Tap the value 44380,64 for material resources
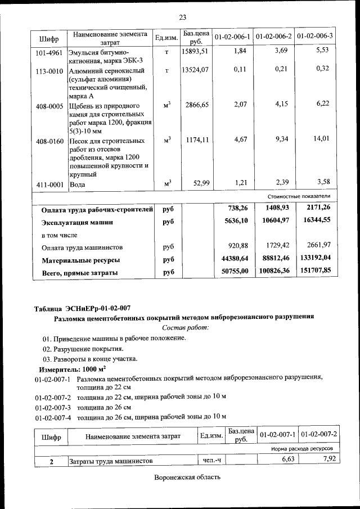(x=232, y=258)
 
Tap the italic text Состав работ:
(x=185, y=327)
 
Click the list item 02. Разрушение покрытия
(x=75, y=349)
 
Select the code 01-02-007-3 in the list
(x=52, y=407)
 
